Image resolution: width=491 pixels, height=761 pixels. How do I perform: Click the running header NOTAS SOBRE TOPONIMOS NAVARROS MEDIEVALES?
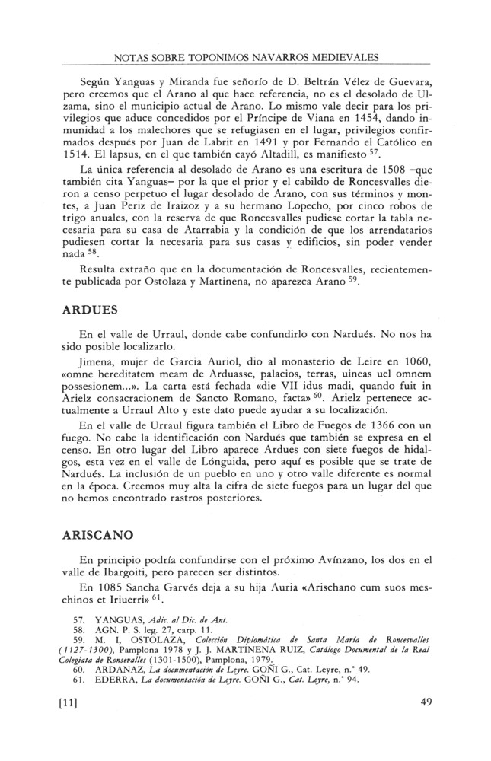coord(245,57)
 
